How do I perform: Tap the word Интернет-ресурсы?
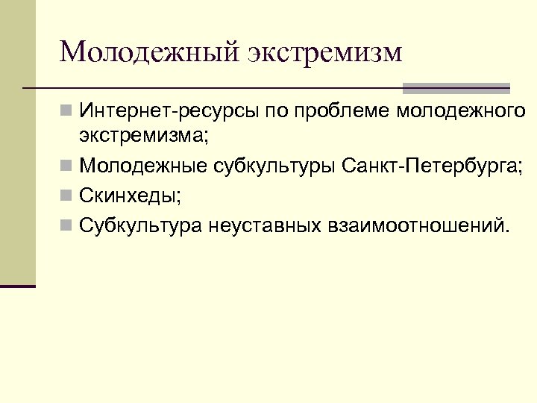pyautogui.click(x=168, y=113)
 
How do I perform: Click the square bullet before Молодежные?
pyautogui.click(x=67, y=164)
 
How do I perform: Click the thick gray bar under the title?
pyautogui.click(x=456, y=87)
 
